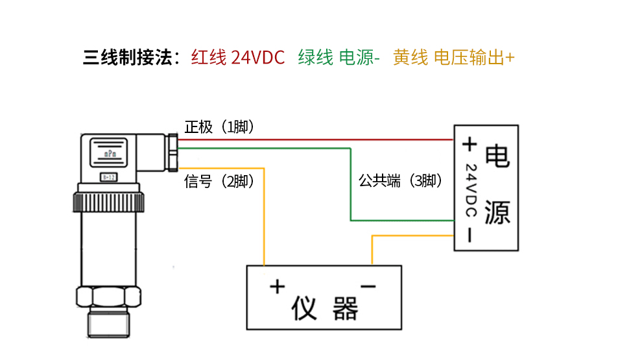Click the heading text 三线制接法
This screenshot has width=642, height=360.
point(130,58)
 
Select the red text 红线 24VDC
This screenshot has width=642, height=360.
point(237,58)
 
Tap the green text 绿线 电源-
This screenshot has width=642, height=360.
point(339,58)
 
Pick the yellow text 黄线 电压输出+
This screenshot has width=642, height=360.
point(453,58)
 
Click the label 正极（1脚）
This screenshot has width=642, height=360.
point(219,127)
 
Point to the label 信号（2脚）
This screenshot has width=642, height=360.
point(219,182)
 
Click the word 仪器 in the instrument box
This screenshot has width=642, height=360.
point(324,309)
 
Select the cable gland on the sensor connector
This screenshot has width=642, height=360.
point(172,153)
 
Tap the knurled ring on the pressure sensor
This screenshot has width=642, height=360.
point(108,198)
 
